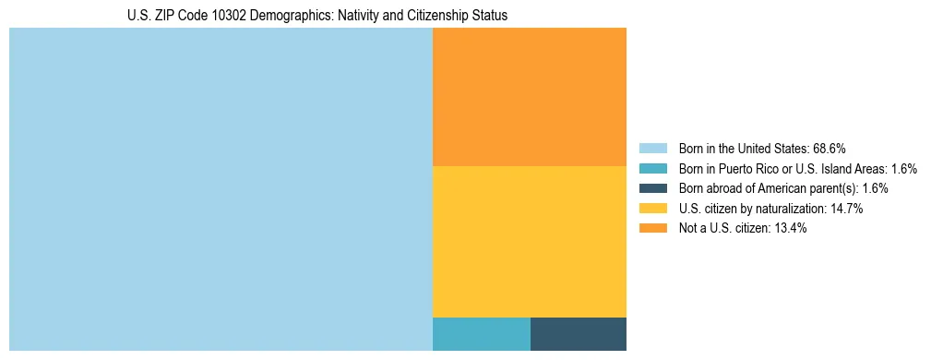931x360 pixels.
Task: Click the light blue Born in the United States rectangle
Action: [221, 189]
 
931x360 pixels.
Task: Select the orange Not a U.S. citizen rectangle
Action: [529, 97]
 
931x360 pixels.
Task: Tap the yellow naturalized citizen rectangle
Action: [529, 241]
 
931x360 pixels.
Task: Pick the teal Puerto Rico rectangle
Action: [481, 333]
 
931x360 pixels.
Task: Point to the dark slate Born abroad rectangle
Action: [579, 333]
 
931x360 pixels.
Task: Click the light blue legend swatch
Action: [652, 149]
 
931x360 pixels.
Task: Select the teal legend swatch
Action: [652, 169]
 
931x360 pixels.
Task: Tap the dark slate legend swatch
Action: [652, 188]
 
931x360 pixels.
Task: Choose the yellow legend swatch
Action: [652, 209]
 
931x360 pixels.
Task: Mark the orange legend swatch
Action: [652, 228]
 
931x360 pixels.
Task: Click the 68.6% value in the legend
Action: [830, 149]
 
